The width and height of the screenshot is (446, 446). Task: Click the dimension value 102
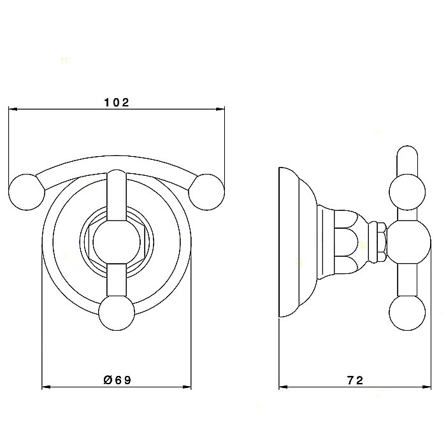pos(116,103)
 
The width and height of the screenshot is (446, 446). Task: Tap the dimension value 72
pos(356,380)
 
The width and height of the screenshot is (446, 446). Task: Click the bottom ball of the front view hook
pos(117,312)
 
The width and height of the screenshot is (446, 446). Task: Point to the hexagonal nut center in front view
pos(117,242)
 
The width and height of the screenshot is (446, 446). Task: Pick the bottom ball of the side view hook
pos(406,312)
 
